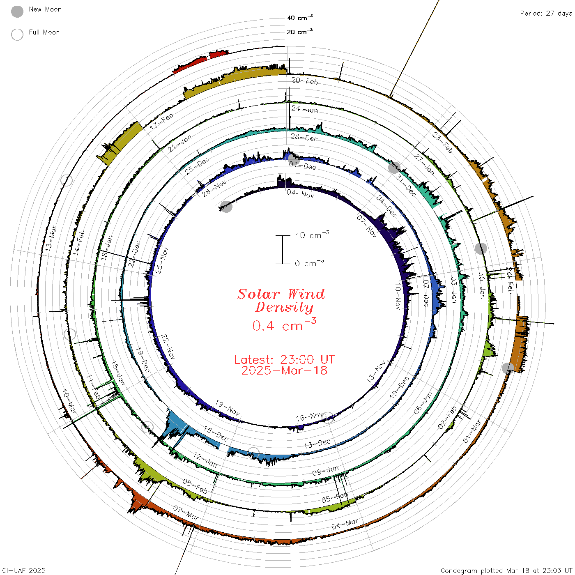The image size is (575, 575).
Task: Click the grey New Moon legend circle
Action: click(x=17, y=11)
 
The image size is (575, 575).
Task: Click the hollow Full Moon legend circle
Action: click(x=17, y=34)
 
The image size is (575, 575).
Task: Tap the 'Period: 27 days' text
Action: click(x=546, y=14)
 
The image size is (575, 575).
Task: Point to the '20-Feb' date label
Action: click(x=305, y=80)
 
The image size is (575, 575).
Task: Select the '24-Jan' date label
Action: click(x=305, y=109)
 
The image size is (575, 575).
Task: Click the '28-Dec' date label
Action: click(x=304, y=138)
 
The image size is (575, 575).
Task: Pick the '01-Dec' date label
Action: click(x=302, y=166)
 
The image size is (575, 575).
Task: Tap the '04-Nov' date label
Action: click(x=301, y=194)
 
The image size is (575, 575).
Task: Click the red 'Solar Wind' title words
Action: click(x=281, y=294)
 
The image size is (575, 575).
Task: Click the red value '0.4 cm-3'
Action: click(x=284, y=324)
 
